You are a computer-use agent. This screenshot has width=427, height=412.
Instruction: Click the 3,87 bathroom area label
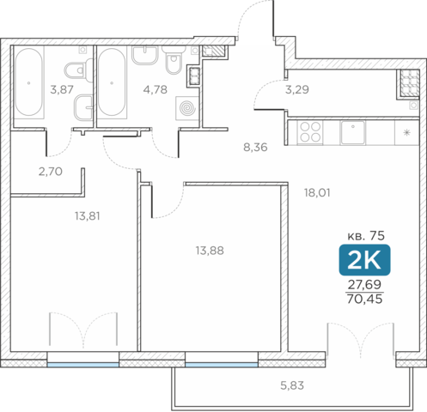click(62, 89)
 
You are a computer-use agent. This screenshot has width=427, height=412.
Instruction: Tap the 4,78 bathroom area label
click(155, 89)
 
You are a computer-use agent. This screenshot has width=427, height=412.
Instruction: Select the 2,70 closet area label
click(51, 172)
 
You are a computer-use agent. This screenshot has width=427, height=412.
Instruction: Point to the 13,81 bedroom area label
click(88, 216)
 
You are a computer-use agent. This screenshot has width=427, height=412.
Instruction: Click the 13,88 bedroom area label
click(210, 251)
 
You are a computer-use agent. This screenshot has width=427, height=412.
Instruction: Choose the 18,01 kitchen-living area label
click(317, 193)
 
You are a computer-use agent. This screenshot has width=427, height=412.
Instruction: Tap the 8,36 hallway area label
click(255, 148)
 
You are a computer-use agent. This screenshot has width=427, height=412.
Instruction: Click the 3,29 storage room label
click(297, 89)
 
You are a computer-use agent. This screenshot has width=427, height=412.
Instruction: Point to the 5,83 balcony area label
click(292, 385)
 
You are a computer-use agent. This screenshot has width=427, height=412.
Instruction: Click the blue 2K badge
click(364, 260)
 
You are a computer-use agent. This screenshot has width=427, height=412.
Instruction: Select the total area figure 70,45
click(364, 299)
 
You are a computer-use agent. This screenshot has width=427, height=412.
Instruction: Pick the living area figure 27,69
click(364, 284)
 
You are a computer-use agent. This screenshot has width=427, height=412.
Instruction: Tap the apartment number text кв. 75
click(366, 236)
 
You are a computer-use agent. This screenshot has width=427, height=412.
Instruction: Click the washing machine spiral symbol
click(187, 108)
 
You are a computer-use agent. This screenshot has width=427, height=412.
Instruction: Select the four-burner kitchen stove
click(310, 132)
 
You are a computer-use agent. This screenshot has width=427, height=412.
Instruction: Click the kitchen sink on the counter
click(353, 132)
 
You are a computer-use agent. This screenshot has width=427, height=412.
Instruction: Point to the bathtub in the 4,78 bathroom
click(112, 83)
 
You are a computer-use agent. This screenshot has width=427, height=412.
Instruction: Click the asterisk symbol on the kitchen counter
click(406, 132)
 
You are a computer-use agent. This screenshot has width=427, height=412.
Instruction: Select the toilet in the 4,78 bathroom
click(174, 59)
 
